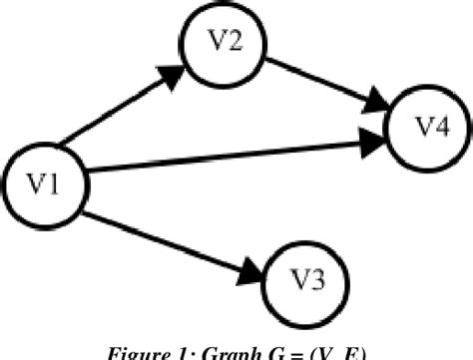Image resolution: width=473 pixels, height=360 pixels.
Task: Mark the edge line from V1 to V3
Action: click(170, 233)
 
